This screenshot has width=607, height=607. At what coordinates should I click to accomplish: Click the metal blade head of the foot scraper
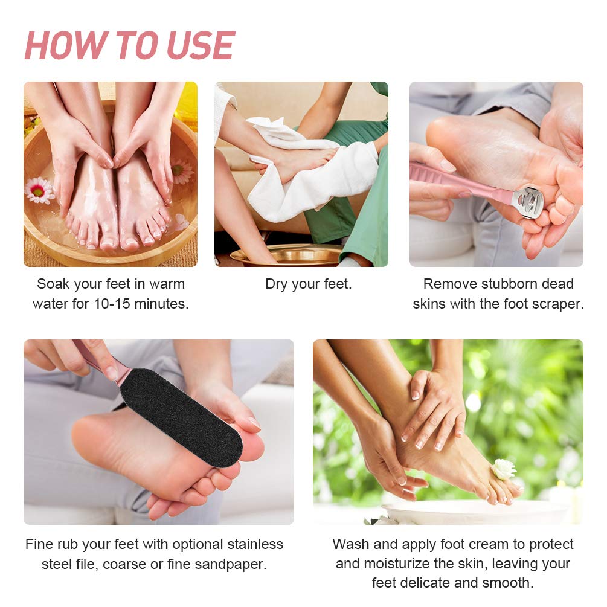[x=527, y=201]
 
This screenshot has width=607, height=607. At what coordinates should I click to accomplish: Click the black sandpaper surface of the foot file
[x=181, y=417]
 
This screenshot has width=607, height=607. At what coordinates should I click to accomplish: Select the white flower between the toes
[x=503, y=469]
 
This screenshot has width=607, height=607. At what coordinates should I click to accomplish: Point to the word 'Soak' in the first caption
[x=53, y=284]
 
